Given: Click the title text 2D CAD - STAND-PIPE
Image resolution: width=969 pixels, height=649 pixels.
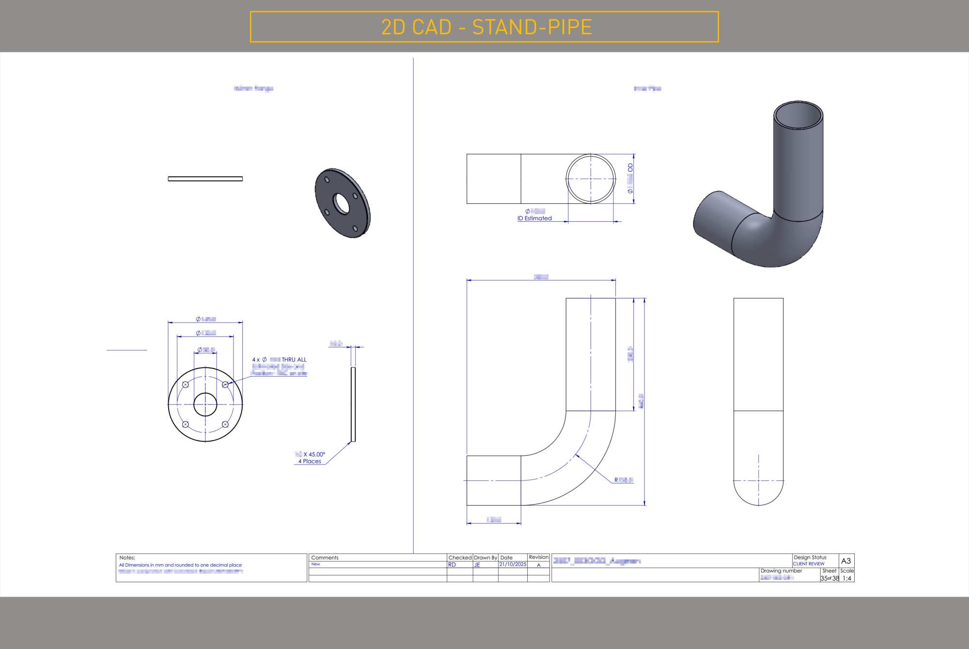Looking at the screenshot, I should click(x=486, y=27).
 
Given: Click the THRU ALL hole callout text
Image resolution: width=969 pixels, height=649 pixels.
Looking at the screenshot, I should click(x=294, y=359).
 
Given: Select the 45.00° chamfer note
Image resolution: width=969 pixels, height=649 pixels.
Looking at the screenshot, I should click(x=314, y=454).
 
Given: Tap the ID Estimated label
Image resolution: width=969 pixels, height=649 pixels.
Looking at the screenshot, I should click(x=534, y=218).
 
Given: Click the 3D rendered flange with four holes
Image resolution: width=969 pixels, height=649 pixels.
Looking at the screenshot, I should click(x=342, y=203).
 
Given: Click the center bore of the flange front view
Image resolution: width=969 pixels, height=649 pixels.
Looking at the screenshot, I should click(x=205, y=404).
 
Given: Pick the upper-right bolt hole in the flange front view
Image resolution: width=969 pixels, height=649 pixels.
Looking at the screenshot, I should click(x=225, y=385).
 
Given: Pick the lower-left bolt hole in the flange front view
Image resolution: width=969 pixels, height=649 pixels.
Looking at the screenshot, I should click(x=185, y=424).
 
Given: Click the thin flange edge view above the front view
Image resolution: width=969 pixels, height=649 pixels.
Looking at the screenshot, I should click(x=205, y=179).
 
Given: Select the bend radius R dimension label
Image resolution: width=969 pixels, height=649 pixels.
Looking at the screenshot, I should click(x=624, y=480).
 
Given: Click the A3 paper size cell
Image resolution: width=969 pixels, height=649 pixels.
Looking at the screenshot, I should click(x=846, y=561).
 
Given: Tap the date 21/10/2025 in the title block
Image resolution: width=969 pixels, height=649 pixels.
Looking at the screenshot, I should click(x=513, y=564).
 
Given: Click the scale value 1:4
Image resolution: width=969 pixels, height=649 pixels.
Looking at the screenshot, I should click(x=846, y=578).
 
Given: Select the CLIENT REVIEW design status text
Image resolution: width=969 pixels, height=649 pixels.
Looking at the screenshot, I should click(x=808, y=564).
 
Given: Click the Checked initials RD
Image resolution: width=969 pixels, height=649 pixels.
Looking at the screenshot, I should click(x=452, y=565).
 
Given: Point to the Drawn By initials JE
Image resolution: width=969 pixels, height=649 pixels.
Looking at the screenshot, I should click(x=477, y=565).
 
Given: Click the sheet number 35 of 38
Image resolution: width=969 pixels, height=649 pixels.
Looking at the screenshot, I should click(x=829, y=578).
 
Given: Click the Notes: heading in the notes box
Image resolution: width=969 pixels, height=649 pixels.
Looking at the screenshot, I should click(x=127, y=557).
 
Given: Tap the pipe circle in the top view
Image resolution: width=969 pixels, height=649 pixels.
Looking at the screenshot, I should click(x=591, y=179).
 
